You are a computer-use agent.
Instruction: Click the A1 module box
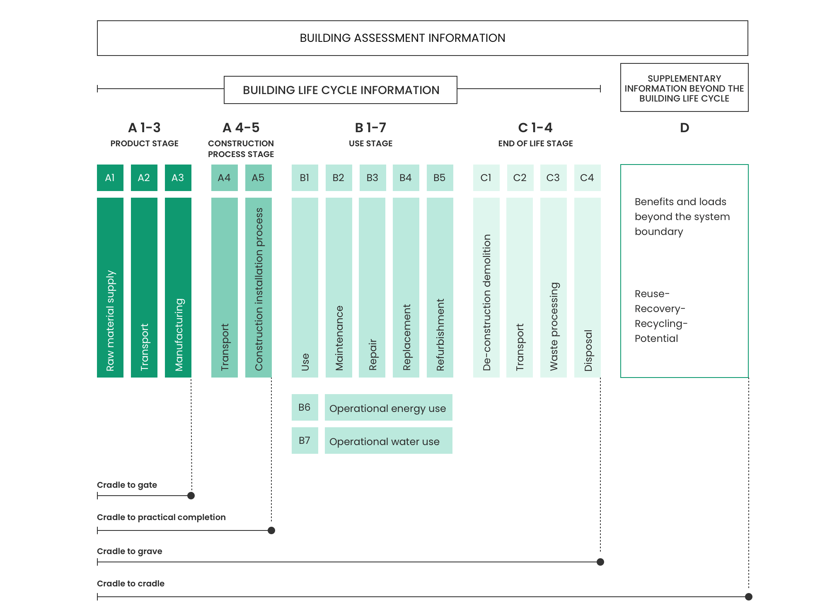[x=110, y=178]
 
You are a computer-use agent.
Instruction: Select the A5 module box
[x=259, y=178]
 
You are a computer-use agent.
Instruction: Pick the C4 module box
[x=588, y=178]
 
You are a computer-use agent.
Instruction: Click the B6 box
[x=305, y=407]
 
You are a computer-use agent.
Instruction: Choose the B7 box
[x=305, y=441]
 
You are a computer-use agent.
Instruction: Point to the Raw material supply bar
[x=110, y=288]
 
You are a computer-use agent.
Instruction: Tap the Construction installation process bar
[x=259, y=288]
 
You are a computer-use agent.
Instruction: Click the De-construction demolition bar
[x=486, y=288]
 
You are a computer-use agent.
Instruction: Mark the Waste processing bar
[x=554, y=288]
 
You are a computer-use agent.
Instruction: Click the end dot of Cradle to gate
[x=191, y=496]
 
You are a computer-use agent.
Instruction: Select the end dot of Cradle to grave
[x=600, y=562]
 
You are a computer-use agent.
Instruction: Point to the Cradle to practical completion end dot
[x=271, y=530]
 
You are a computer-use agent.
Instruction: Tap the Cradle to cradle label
[x=131, y=584]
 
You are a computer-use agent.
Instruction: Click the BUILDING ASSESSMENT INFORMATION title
[x=402, y=38]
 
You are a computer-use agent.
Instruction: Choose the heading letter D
[x=685, y=128]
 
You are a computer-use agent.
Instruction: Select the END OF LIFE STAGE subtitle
[x=536, y=143]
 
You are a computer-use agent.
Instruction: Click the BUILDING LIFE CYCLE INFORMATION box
[x=341, y=90]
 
